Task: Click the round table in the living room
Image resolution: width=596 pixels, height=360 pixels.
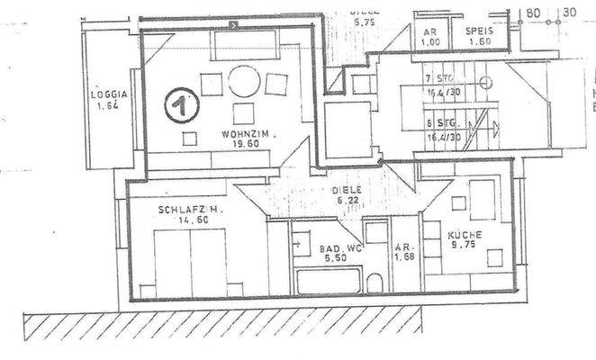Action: pyautogui.click(x=243, y=81)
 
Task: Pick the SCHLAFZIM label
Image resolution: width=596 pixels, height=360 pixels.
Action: pyautogui.click(x=189, y=211)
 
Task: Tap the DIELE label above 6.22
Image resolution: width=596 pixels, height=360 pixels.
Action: pyautogui.click(x=347, y=190)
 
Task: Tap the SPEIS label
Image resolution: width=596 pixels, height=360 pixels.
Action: pyautogui.click(x=478, y=31)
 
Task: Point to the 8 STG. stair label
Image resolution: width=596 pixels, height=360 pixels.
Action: pyautogui.click(x=441, y=121)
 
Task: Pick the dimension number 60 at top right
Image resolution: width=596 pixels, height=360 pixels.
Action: pyautogui.click(x=534, y=13)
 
